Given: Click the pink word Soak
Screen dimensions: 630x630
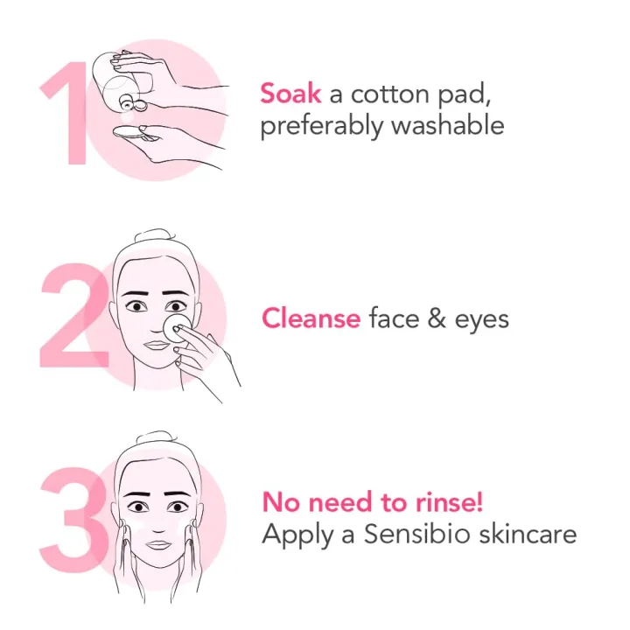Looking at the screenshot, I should pos(290,94).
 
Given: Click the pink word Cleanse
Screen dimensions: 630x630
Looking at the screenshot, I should pos(311,318).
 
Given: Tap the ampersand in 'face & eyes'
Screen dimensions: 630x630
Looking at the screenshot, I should pos(432,318).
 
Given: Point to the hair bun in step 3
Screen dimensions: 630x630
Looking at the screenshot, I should pos(157,438).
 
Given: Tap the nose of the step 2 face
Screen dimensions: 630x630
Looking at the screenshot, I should pos(155,324).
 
